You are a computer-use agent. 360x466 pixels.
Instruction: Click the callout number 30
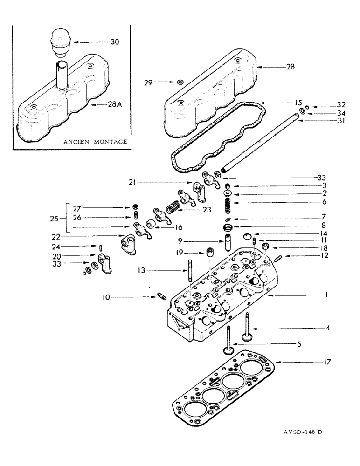point(115,42)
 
